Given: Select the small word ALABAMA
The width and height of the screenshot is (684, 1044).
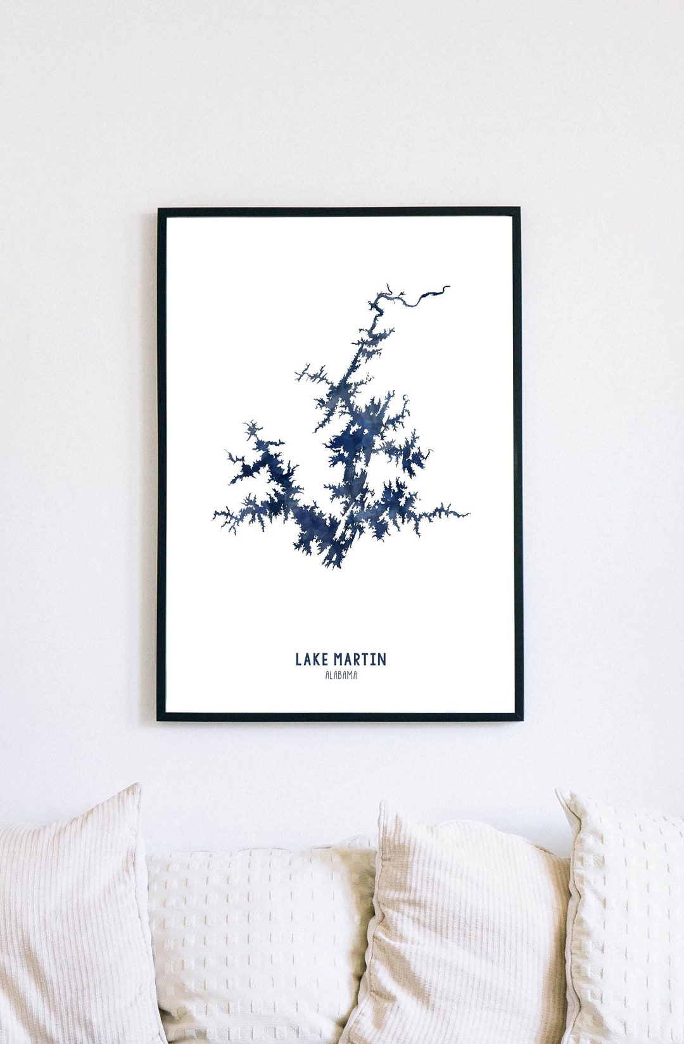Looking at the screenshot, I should pyautogui.click(x=341, y=676).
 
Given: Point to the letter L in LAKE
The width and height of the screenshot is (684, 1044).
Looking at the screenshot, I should pyautogui.click(x=298, y=660).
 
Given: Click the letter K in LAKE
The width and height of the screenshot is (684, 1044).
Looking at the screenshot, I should pyautogui.click(x=315, y=660).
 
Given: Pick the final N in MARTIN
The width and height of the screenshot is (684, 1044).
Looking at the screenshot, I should pyautogui.click(x=381, y=660).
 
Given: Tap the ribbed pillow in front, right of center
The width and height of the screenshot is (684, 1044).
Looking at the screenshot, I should pyautogui.click(x=462, y=931).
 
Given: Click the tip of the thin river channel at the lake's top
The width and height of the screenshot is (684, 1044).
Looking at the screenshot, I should pyautogui.click(x=448, y=287).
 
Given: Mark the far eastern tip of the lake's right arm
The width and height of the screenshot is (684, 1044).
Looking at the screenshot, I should pyautogui.click(x=468, y=514).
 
